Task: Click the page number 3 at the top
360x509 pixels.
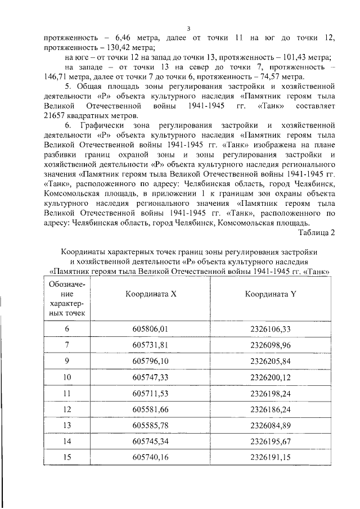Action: [x=188, y=28]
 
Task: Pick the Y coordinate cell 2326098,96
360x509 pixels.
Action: [x=271, y=344]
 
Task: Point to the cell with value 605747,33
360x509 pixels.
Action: [x=150, y=376]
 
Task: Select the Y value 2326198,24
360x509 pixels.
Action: [x=271, y=392]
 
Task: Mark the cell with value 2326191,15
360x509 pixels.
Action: [x=271, y=457]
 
